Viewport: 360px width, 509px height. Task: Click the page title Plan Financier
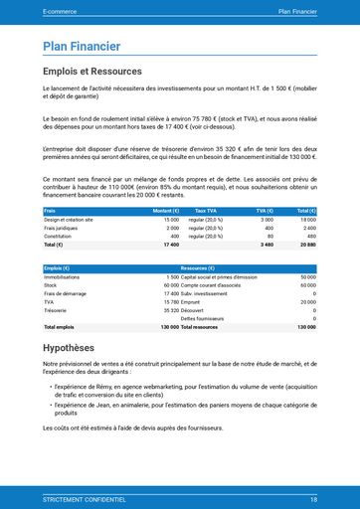(82, 47)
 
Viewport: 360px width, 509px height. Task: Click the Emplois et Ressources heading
(94, 72)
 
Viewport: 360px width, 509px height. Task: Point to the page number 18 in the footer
(313, 499)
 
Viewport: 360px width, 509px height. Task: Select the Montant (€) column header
(165, 211)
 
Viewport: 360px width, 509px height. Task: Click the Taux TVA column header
(207, 211)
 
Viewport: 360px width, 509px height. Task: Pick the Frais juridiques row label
(62, 228)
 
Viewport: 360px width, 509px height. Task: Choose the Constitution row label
(58, 236)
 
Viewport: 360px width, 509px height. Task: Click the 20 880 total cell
(305, 245)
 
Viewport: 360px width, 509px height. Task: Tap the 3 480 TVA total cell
(266, 245)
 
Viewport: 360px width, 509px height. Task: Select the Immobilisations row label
(62, 277)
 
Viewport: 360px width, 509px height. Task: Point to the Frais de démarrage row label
(65, 293)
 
